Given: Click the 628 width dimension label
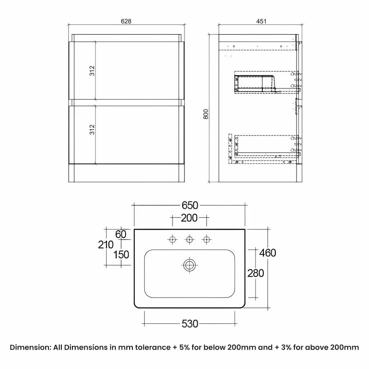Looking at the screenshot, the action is tap(126, 21).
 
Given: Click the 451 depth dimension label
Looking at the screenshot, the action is tap(261, 21).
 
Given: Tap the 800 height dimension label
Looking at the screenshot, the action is tap(206, 114).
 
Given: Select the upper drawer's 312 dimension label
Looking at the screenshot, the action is tap(92, 71).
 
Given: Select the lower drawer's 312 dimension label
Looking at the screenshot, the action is tap(92, 130).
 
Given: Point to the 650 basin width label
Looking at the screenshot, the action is tap(190, 205).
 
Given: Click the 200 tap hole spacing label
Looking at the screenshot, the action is tap(189, 218).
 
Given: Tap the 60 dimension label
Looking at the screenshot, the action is tap(121, 234).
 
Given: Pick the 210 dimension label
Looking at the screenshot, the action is tap(106, 245).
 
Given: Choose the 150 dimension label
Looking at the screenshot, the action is tap(121, 255).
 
